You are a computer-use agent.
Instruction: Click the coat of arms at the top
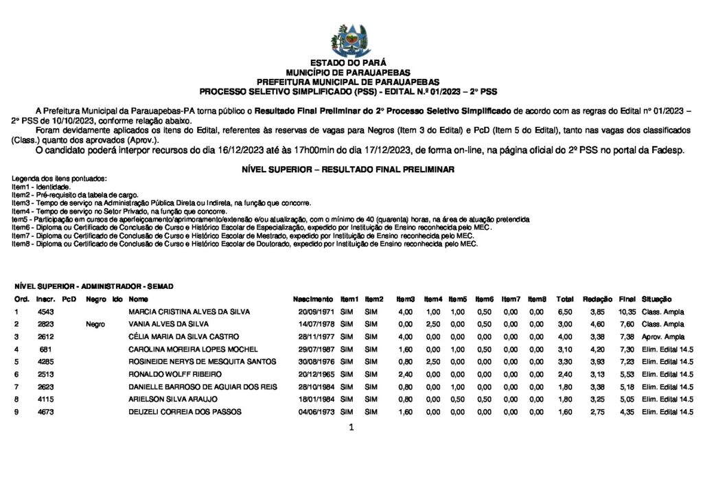pos(350,39)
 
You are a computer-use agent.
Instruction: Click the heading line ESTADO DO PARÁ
pos(351,62)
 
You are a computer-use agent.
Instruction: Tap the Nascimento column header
pos(313,299)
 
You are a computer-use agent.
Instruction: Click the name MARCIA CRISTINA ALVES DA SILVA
pos(189,312)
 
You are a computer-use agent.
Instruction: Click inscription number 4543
pos(46,312)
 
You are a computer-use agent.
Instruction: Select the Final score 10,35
pos(627,312)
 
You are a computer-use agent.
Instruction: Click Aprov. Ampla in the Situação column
pos(663,336)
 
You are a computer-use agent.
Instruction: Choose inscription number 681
pos(46,349)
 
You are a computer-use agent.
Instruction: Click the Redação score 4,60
pos(597,324)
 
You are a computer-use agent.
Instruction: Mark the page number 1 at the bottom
pos(351,428)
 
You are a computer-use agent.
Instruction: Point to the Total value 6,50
pos(565,312)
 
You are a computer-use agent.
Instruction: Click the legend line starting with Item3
pos(162,203)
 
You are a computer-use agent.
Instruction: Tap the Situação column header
pos(657,299)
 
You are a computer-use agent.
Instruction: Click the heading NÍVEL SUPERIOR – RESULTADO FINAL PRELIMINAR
pos(348,169)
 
